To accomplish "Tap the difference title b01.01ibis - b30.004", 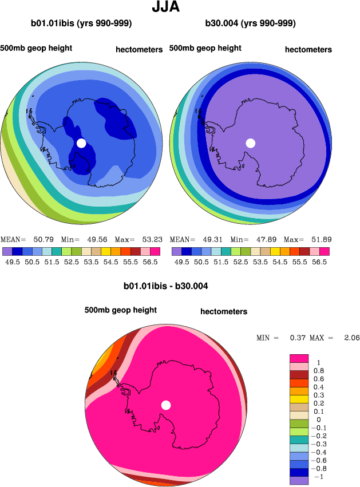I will [166, 285].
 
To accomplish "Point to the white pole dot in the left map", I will [81, 143].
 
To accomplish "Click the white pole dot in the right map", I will [250, 143].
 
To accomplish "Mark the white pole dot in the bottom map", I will [166, 405].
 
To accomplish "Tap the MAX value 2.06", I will [351, 338].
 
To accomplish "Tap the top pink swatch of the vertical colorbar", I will [299, 358].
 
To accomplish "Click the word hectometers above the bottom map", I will [224, 312].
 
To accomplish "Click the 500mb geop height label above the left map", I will [36, 48].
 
